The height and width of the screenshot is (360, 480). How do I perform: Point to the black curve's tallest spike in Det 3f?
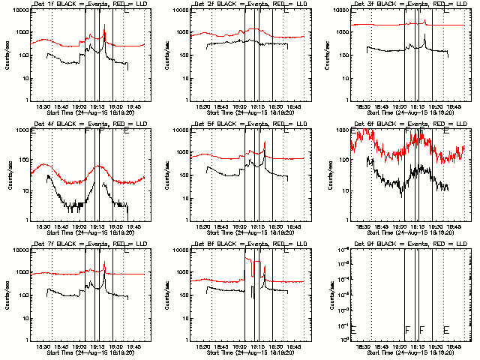click(424, 35)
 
